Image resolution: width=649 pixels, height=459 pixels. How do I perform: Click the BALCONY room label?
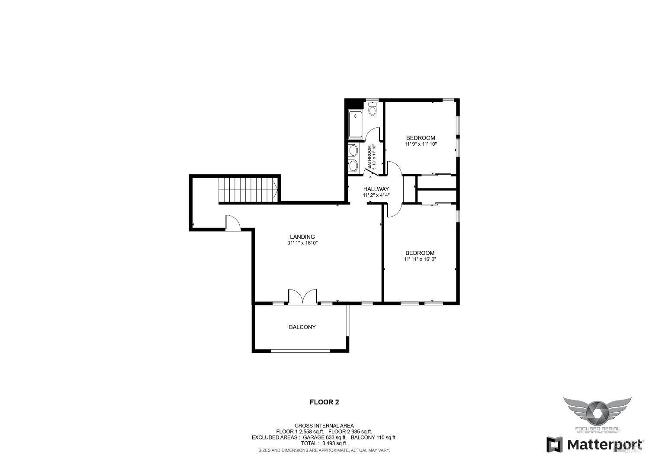tap(302, 327)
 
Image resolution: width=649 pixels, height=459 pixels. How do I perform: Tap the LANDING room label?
tap(302, 237)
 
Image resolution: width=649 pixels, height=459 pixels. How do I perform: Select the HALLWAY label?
tap(376, 189)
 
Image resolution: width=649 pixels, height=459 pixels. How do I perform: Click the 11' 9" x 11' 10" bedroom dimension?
tap(421, 144)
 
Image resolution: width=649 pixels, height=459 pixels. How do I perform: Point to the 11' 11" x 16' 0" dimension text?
tap(420, 259)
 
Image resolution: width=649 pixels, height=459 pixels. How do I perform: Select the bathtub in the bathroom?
tap(356, 124)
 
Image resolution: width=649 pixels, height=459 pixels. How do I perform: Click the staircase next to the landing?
tap(248, 189)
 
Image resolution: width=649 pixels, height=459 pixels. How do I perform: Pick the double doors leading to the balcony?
tap(303, 297)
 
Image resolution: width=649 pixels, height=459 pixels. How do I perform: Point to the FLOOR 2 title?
tap(324, 402)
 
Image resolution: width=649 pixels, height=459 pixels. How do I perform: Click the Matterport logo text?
tap(604, 444)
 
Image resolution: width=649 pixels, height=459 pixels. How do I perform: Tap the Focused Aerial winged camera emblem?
tap(597, 410)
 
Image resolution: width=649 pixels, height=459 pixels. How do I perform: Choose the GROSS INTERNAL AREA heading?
tap(324, 426)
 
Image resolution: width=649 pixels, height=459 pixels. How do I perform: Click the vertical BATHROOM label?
tap(369, 157)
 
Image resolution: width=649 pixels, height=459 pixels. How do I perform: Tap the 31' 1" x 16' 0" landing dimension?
tap(302, 243)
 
